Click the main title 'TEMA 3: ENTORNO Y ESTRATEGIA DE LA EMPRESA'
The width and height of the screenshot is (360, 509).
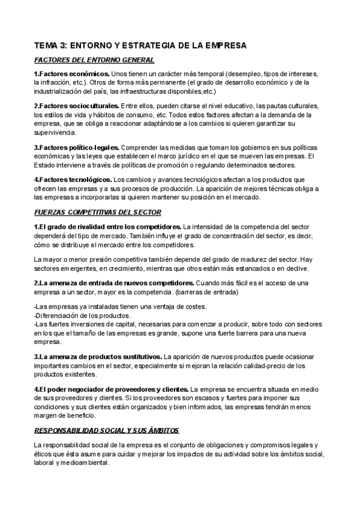[x=140, y=46]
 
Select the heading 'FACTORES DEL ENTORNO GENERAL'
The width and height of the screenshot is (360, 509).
[x=94, y=60]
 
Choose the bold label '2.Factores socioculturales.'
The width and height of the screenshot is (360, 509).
[x=76, y=106]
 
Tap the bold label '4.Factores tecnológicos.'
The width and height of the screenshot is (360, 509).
[x=73, y=179]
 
